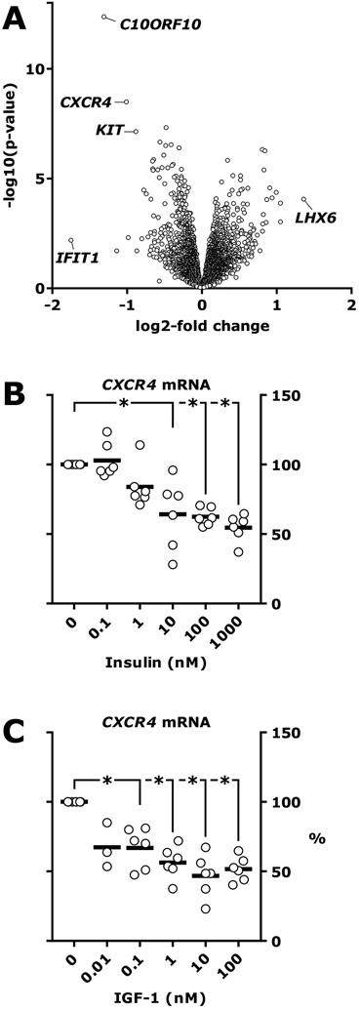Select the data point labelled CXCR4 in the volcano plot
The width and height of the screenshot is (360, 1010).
tap(126, 101)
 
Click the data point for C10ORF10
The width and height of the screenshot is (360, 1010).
tap(104, 17)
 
